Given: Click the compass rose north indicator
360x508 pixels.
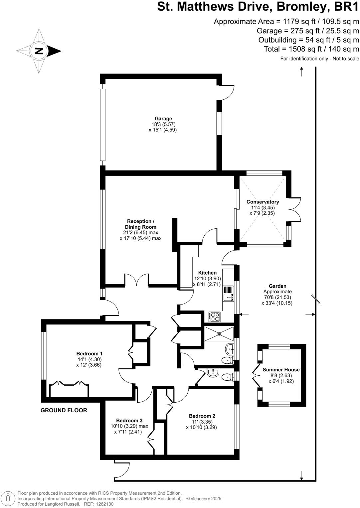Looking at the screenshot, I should [39, 51].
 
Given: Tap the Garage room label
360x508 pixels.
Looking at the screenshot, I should [163, 119].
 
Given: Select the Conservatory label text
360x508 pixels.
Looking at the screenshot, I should [263, 202].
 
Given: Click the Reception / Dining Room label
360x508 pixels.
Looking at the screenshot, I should [140, 224].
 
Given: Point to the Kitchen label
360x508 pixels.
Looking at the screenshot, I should [207, 273].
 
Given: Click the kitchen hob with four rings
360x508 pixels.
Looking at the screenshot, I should [215, 317].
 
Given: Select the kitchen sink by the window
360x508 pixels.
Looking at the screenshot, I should [228, 297].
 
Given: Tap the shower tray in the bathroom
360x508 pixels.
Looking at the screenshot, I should [219, 334].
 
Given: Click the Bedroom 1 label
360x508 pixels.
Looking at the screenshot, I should [89, 353].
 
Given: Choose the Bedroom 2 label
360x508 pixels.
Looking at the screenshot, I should [202, 416].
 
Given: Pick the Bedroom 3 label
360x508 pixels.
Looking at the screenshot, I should [129, 420].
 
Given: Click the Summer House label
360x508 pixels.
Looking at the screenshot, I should [281, 370].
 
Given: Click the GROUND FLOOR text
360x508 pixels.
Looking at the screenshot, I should [64, 410].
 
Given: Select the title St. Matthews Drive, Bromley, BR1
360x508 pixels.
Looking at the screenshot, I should [258, 7].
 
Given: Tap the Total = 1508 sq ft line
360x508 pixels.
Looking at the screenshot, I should [311, 49].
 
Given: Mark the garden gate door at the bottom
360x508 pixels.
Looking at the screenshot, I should [122, 470].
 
